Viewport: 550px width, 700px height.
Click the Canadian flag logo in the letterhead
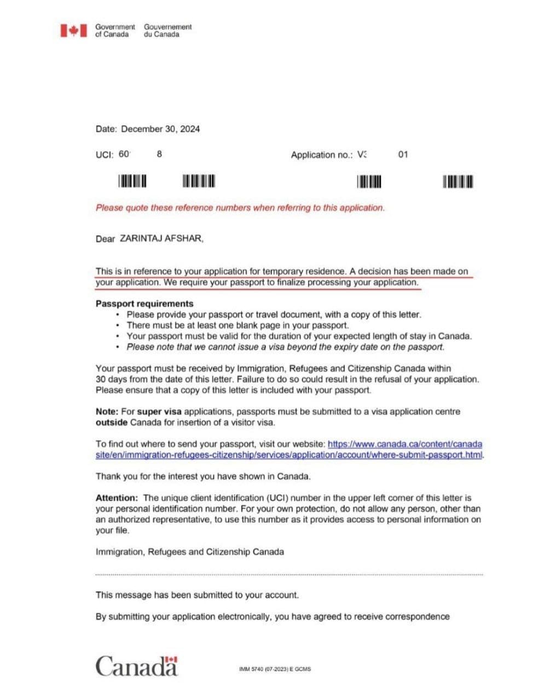[73, 31]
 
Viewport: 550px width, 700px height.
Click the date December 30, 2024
[160, 129]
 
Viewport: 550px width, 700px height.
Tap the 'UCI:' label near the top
[105, 155]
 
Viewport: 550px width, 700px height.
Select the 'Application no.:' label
[322, 155]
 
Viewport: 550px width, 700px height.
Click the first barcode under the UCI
[132, 181]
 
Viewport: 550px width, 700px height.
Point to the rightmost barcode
[458, 182]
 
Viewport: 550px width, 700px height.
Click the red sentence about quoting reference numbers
[240, 208]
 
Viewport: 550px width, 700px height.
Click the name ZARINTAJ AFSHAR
[161, 238]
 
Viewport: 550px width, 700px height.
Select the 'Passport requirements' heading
[144, 304]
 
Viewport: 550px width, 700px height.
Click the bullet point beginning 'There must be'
[238, 325]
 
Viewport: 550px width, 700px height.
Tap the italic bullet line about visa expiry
[285, 347]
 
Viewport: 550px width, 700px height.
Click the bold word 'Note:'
[107, 411]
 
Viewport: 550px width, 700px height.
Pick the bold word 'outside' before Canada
[112, 422]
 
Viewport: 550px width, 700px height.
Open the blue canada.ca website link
[404, 444]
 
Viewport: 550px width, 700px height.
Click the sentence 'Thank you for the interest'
[203, 476]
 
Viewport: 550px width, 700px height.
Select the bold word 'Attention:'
[117, 498]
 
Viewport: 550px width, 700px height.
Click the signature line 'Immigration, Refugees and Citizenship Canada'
[189, 552]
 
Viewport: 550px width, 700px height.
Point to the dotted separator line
[289, 575]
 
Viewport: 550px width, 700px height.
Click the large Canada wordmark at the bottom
[137, 666]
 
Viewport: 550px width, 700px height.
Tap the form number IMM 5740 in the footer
[275, 669]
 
